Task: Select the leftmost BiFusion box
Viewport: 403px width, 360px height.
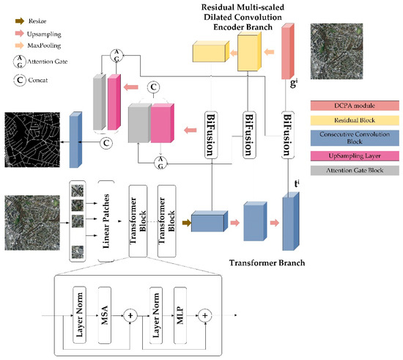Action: [x=211, y=134]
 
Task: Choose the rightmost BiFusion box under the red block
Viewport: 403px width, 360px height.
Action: [x=288, y=134]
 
